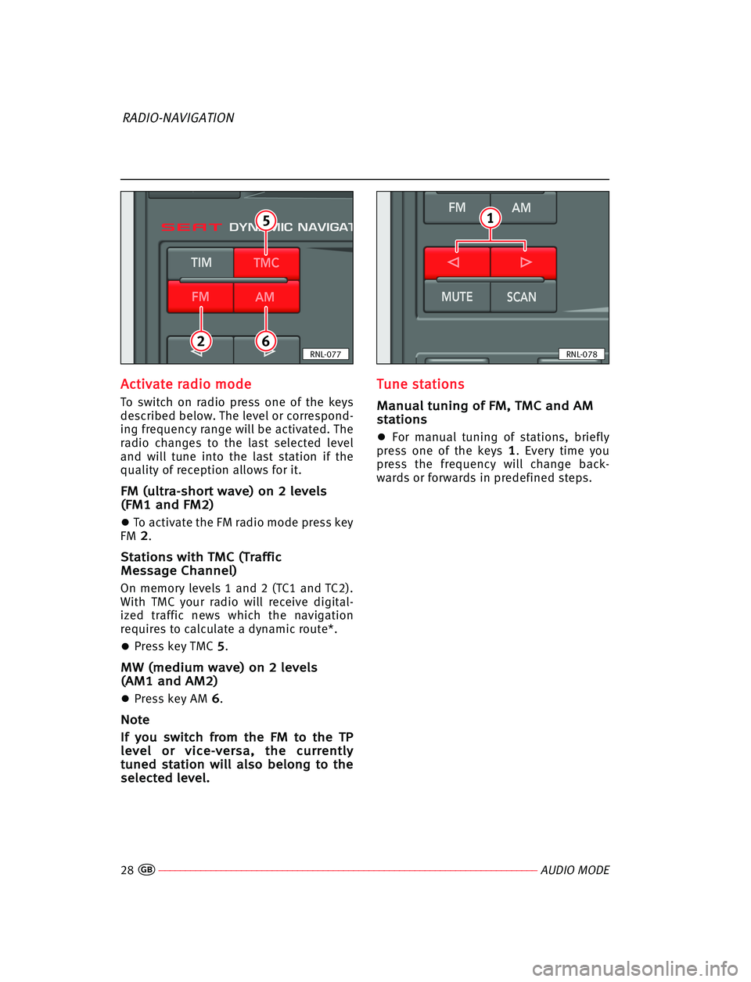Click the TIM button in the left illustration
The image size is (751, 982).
click(x=201, y=263)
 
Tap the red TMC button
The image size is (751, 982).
click(x=266, y=264)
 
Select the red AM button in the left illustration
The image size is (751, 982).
click(x=265, y=297)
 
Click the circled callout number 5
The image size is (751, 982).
click(x=266, y=221)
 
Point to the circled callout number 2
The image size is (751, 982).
click(x=201, y=340)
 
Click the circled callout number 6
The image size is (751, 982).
click(x=266, y=340)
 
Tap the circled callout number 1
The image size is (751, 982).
click(x=490, y=218)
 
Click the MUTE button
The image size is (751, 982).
click(x=457, y=297)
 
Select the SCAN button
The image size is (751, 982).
click(x=522, y=297)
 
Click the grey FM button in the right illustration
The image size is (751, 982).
click(x=457, y=207)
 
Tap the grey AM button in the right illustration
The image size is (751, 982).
click(x=522, y=207)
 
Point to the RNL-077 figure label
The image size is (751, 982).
click(x=325, y=354)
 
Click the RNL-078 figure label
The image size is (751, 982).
click(x=582, y=354)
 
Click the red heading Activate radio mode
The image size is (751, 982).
click(x=186, y=384)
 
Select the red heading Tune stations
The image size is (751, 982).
click(x=421, y=384)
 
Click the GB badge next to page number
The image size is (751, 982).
click(x=147, y=870)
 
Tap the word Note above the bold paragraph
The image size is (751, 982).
click(x=135, y=720)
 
